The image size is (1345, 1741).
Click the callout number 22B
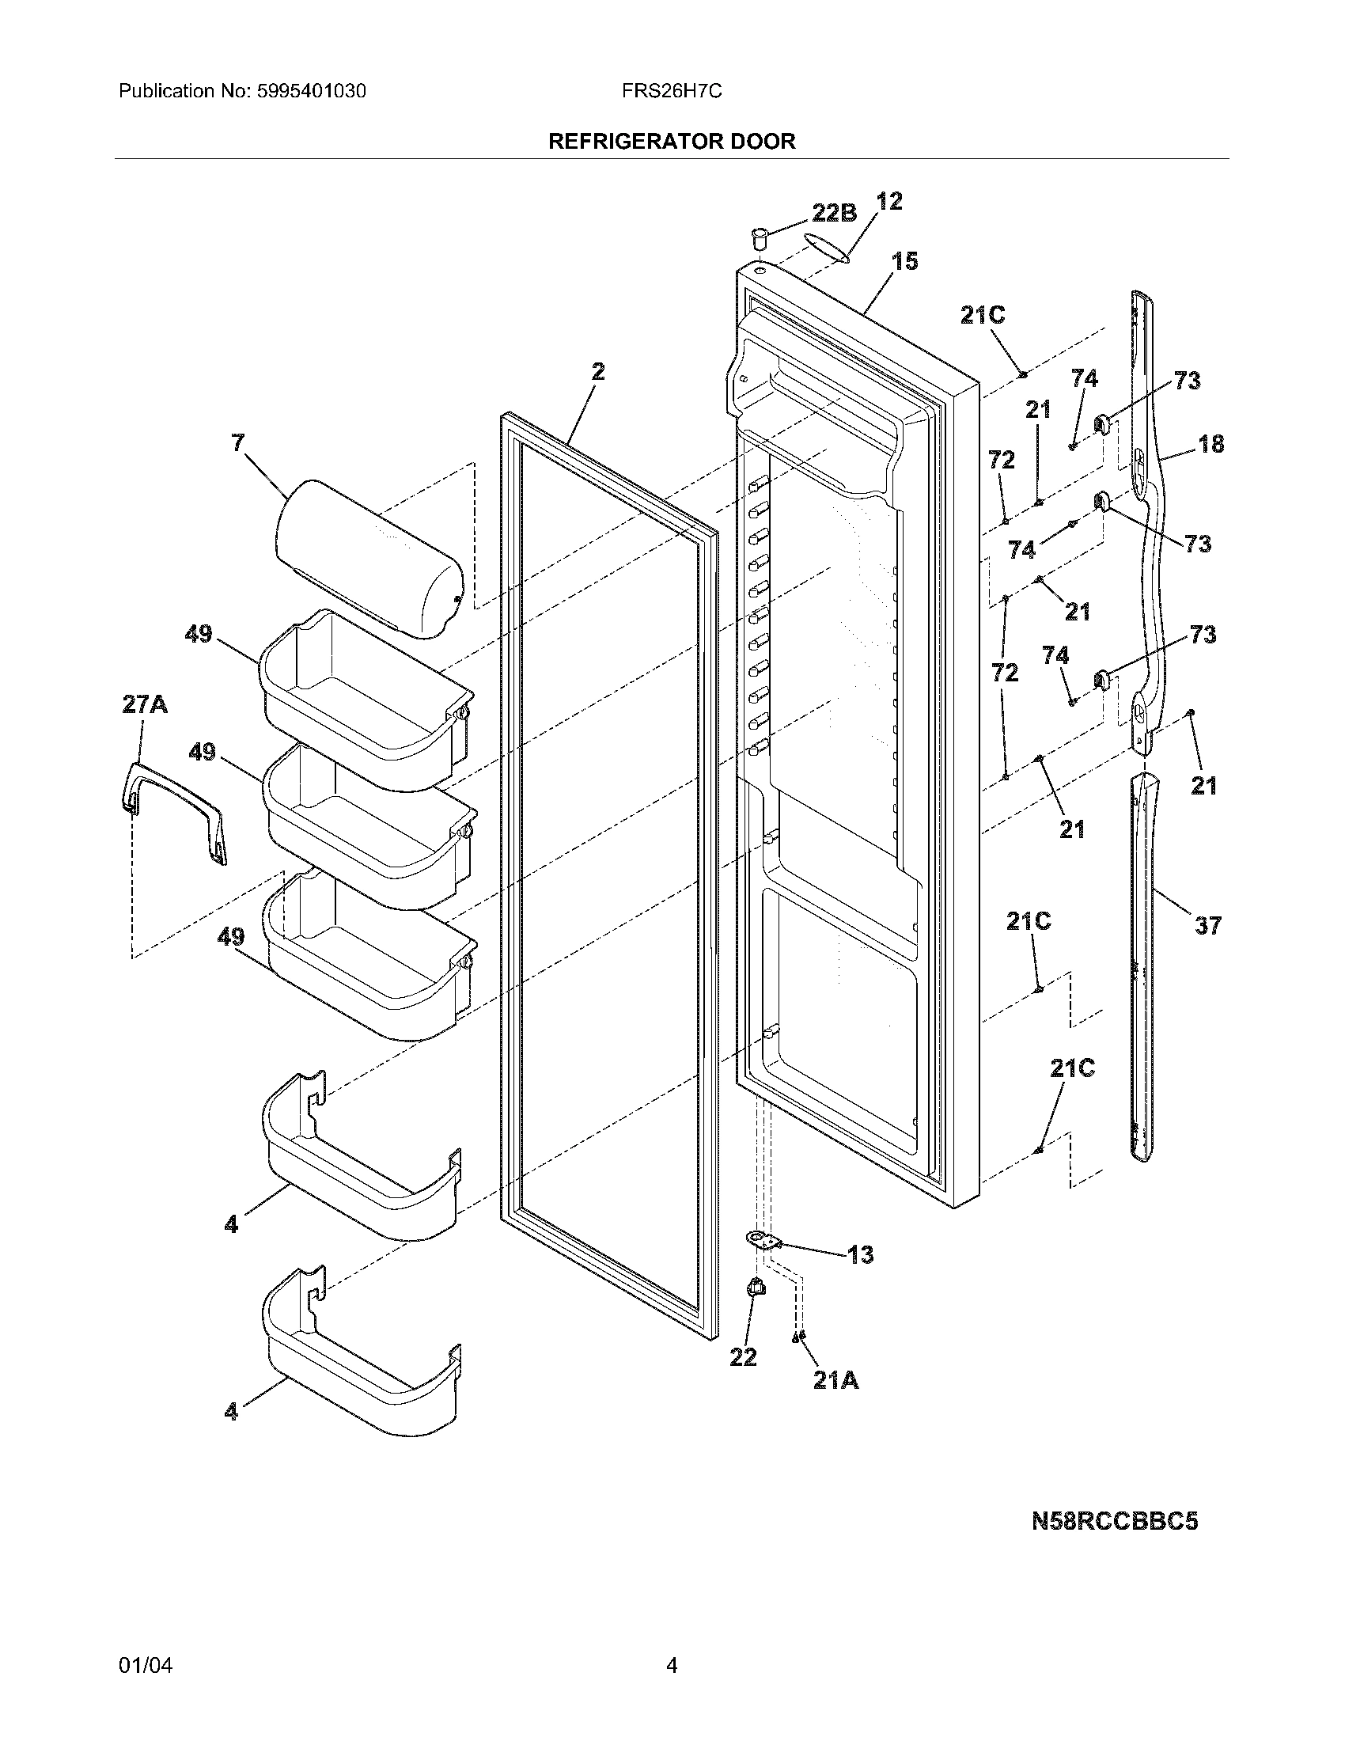[x=833, y=213]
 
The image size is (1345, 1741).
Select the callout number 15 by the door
[x=905, y=261]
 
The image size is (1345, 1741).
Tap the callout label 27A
[x=144, y=704]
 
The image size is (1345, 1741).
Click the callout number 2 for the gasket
[x=597, y=371]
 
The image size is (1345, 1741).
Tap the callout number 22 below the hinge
[x=743, y=1356]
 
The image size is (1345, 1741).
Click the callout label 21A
[x=835, y=1381]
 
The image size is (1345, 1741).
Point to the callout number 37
[x=1207, y=926]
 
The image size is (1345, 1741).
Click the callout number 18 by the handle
[x=1211, y=444]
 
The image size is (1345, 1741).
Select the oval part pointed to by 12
[x=827, y=247]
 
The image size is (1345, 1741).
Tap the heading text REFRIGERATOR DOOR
[x=672, y=142]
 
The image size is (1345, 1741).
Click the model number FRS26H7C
[x=672, y=92]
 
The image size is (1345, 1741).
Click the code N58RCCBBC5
[x=1114, y=1522]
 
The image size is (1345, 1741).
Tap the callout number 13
[x=860, y=1256]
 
